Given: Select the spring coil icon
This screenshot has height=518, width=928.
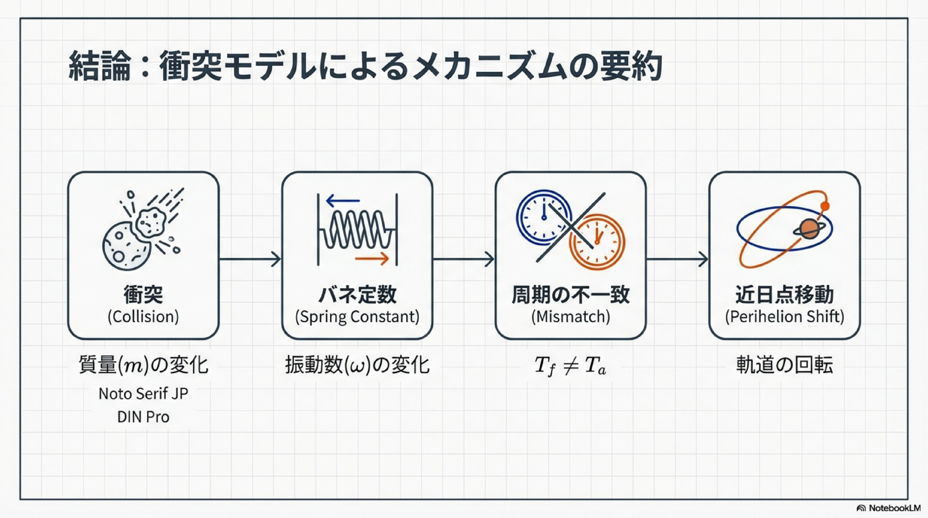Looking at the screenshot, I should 357,230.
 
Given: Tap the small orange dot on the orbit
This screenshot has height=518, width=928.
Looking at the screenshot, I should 825,206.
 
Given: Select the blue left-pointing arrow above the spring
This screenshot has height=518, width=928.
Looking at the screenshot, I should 343,200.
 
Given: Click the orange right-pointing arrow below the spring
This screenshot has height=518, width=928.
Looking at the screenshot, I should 372,258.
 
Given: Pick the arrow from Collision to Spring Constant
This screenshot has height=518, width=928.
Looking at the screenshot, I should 250,259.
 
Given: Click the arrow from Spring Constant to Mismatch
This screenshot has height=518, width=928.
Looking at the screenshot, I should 464,259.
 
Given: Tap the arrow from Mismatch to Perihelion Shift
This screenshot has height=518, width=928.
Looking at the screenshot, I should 677,259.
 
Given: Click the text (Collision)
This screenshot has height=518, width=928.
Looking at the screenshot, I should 143,316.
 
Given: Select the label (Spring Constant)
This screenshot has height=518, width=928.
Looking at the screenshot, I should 357,316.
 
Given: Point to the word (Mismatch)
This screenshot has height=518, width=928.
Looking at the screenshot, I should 571,316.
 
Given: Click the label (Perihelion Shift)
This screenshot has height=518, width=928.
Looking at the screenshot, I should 784,316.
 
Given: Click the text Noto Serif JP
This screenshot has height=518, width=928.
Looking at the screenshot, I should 143,394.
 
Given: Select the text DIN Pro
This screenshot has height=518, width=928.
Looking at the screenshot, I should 143,417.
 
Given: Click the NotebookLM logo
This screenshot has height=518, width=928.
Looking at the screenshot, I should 888,508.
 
